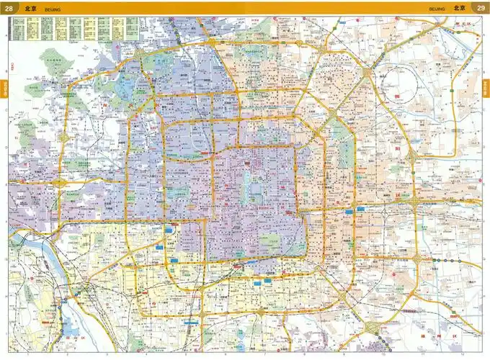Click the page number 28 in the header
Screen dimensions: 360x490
[9, 8]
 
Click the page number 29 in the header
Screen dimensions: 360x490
[481, 8]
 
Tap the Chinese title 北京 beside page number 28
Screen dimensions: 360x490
[29, 8]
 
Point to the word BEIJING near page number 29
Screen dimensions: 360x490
[437, 9]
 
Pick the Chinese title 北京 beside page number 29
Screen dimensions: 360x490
[459, 8]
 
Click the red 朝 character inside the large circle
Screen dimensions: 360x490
[398, 95]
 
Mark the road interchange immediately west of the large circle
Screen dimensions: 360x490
[368, 73]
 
